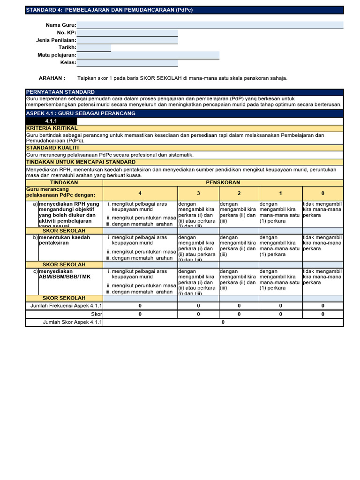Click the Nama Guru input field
pos(210,25)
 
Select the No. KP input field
pos(127,33)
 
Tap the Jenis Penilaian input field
pos(127,40)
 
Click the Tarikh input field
pos(94,48)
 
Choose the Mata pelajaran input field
pos(148,55)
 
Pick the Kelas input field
pos(127,63)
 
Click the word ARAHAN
pos(52,78)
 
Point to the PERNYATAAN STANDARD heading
pos(60,92)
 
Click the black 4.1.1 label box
pos(51,121)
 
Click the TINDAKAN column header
pos(64,182)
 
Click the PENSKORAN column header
pos(223,182)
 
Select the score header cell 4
pos(140,193)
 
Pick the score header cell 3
pos(198,193)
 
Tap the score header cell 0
pos(322,193)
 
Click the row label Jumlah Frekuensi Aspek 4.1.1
pos(66,306)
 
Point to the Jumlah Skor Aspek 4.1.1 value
pos(223,322)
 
